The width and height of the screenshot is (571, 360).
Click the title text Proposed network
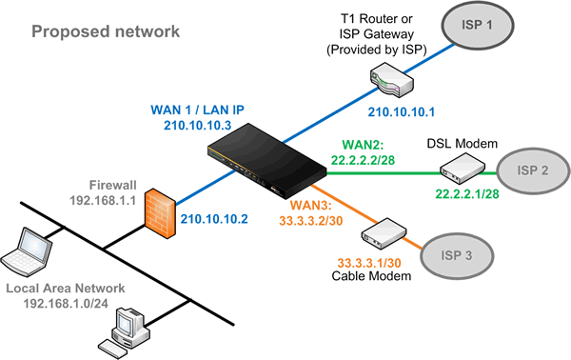click(105, 32)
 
